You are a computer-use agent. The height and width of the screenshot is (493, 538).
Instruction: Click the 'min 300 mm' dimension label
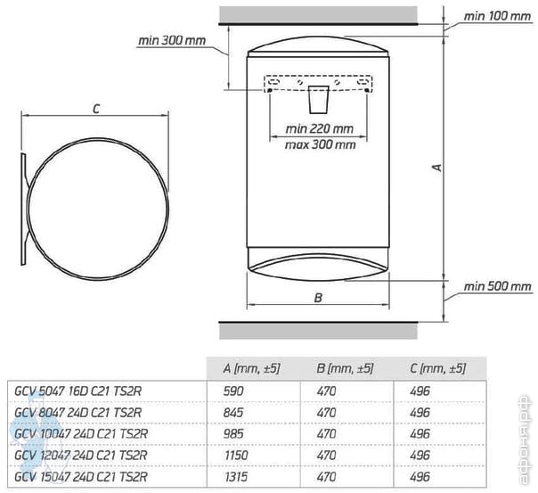pos(172,40)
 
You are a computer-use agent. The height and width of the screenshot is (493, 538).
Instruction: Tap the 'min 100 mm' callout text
pos(497,16)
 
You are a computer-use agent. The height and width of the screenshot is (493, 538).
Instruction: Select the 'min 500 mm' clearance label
pos(497,286)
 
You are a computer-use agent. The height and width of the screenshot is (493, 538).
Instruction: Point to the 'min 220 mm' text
pos(320,128)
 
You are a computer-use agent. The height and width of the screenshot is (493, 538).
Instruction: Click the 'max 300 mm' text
pos(320,144)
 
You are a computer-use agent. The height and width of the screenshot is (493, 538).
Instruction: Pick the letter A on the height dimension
pos(437,168)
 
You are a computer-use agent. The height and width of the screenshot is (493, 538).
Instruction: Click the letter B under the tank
pos(318,298)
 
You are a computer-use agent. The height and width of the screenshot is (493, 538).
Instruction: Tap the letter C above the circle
pos(96,109)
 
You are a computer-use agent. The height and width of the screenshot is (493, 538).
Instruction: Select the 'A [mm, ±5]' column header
pos(251,368)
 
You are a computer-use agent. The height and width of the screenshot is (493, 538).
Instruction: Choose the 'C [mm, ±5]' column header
pos(438,368)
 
